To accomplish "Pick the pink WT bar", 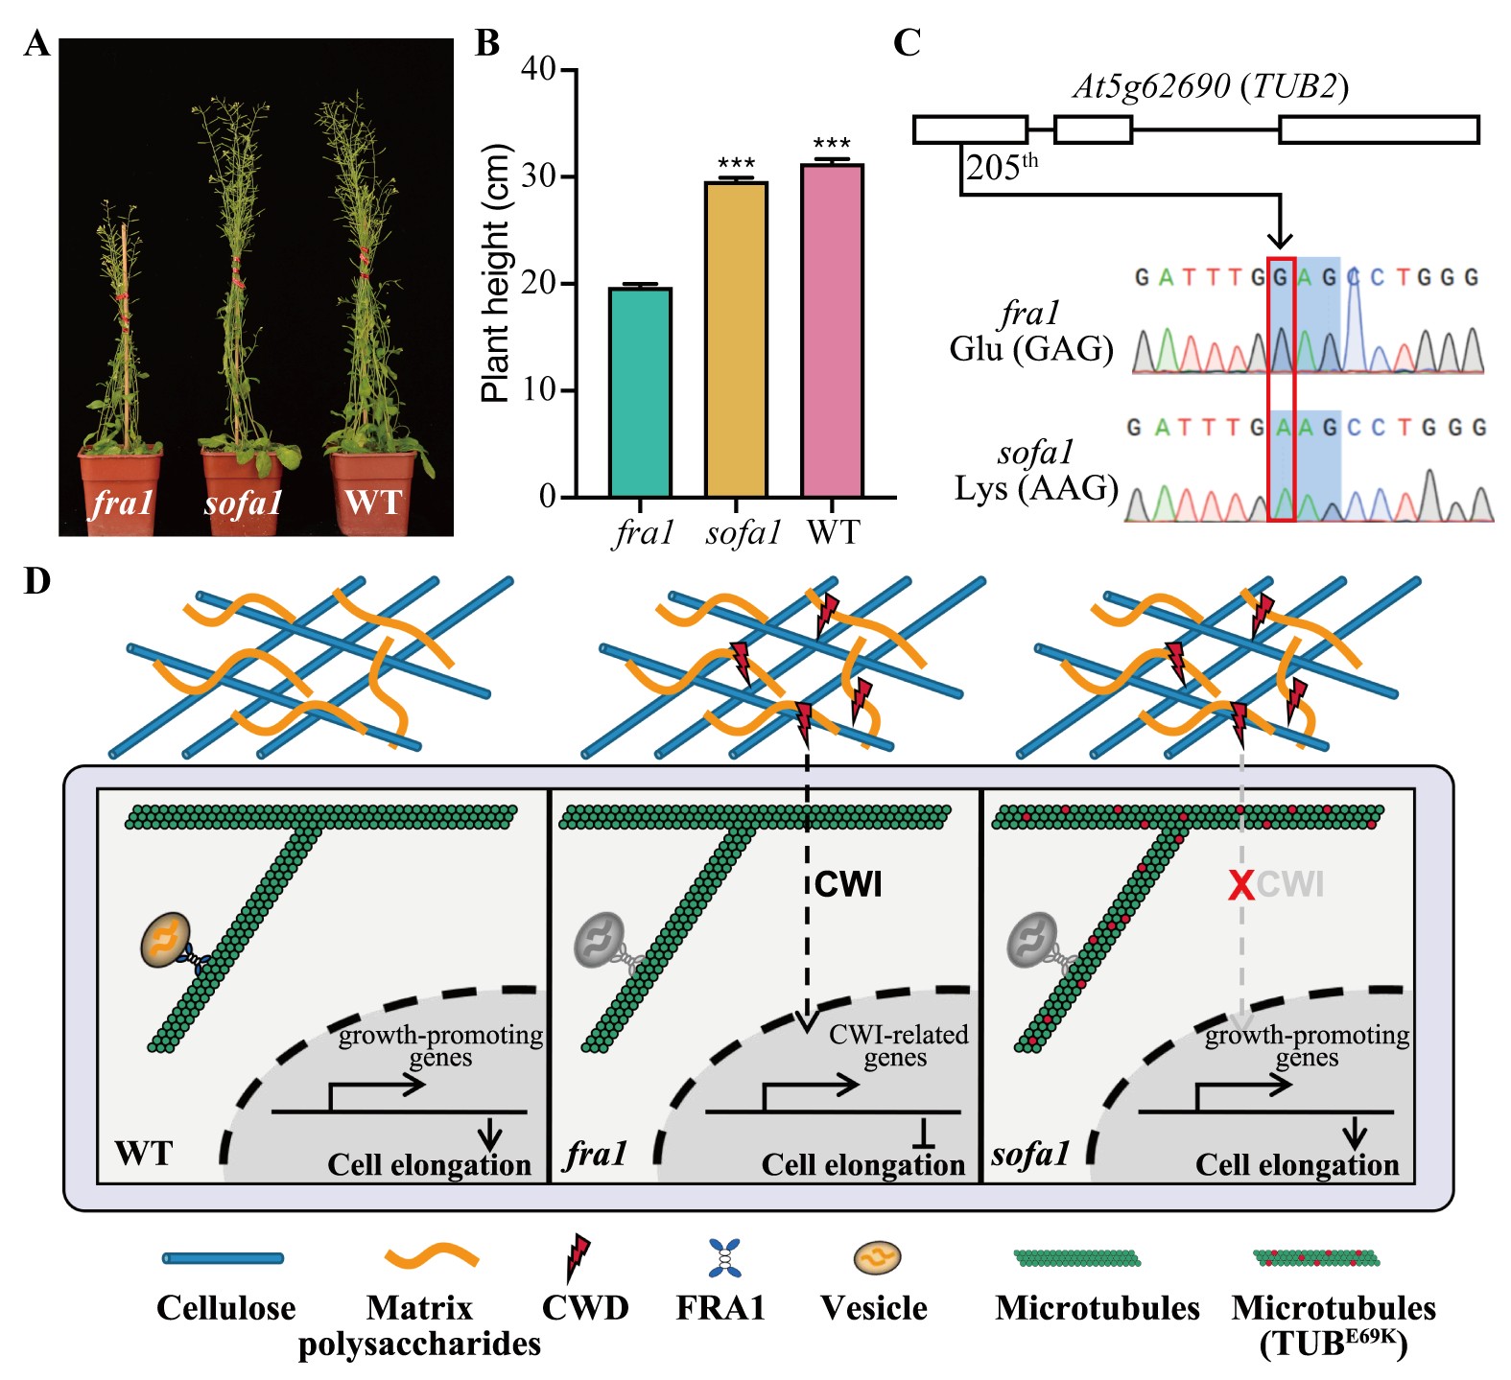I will point(832,330).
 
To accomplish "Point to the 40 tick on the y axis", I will point(538,70).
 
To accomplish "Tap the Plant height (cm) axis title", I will point(496,273).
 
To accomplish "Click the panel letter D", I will point(36,581).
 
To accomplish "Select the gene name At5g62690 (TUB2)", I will point(1211,87).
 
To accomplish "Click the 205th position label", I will point(1002,168).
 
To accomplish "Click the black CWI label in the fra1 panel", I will point(848,884).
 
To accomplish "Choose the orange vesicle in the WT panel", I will point(166,939).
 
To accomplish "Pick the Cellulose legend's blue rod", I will point(223,1258).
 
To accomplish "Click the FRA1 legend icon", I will point(724,1258).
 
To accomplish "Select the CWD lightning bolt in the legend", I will point(578,1258).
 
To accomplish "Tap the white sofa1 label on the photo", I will point(243,503).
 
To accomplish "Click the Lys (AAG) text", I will point(1036,488).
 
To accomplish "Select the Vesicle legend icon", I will point(878,1257).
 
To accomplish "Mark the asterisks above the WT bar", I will point(832,144).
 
